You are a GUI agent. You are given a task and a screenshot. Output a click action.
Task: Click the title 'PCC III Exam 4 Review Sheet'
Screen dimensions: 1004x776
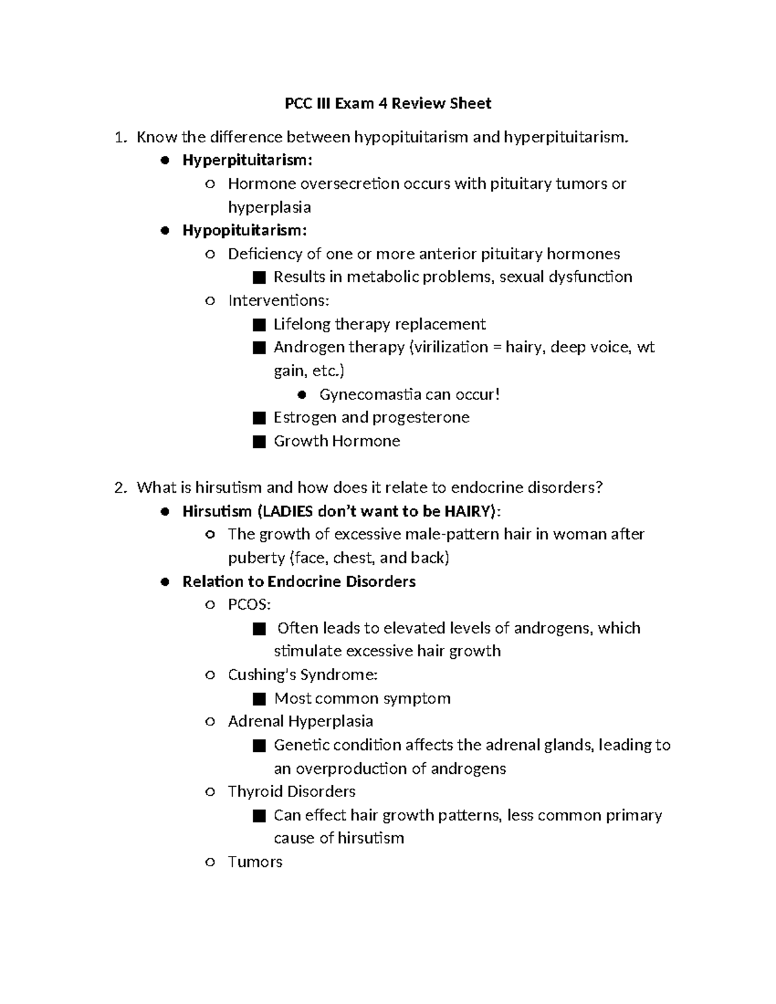click(x=388, y=103)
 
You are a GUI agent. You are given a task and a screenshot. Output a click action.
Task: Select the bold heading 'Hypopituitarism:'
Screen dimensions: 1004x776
click(x=244, y=230)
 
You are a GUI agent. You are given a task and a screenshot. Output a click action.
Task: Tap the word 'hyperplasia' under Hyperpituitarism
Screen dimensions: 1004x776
click(x=269, y=208)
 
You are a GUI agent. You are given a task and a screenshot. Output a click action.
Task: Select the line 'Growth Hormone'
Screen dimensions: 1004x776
click(x=336, y=441)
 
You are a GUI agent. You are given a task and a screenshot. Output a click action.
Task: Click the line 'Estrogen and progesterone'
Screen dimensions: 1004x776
click(x=371, y=418)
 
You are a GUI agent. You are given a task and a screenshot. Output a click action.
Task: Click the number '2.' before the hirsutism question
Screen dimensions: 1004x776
click(x=120, y=487)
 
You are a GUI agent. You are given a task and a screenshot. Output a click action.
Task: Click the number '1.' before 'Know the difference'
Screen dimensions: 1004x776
click(x=119, y=137)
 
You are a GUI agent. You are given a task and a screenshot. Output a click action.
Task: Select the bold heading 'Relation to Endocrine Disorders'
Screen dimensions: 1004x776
click(x=299, y=581)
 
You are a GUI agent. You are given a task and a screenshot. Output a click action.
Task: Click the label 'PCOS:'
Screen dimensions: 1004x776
click(x=249, y=604)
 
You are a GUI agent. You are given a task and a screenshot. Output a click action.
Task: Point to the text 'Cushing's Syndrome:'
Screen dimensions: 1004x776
click(x=303, y=675)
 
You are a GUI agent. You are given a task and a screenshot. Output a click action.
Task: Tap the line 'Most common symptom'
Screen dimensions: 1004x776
click(x=362, y=698)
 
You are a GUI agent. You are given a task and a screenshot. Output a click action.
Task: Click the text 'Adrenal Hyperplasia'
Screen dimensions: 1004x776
click(x=300, y=721)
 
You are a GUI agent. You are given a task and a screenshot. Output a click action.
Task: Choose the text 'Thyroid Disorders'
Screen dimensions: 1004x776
click(x=292, y=791)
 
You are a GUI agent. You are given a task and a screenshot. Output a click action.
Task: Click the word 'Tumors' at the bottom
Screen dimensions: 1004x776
click(x=255, y=862)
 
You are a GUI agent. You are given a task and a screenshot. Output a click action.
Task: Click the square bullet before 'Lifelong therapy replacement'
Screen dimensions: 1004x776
click(x=259, y=324)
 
